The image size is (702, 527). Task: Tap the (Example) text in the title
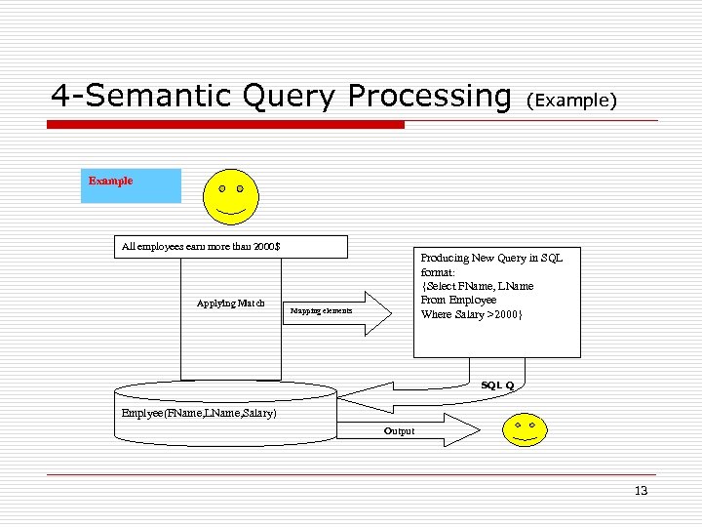pos(571,101)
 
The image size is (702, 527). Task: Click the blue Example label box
pos(131,184)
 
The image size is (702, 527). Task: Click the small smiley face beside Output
pos(524,428)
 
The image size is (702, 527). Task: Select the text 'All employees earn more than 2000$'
pos(201,246)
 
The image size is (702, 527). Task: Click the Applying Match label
pos(230,303)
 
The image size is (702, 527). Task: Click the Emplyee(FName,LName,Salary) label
pos(199,413)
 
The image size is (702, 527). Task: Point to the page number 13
pos(641,491)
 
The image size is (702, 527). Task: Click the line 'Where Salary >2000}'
pos(472,314)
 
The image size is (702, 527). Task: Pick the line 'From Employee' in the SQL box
pos(458,300)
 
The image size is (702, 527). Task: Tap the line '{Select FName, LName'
pos(477,286)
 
